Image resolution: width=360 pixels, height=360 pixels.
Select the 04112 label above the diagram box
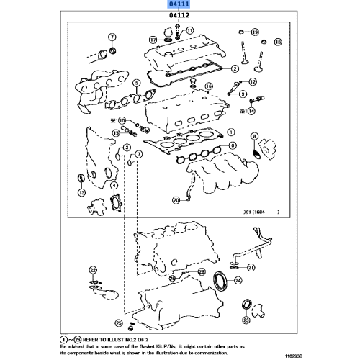pyautogui.click(x=180, y=16)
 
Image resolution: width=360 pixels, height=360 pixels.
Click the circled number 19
pyautogui.click(x=255, y=32)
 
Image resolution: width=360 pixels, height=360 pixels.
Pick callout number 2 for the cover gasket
pyautogui.click(x=235, y=69)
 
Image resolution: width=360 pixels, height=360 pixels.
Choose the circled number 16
pyautogui.click(x=210, y=86)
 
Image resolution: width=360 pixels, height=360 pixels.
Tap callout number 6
pyautogui.click(x=233, y=146)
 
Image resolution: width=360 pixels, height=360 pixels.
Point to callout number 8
pyautogui.click(x=253, y=135)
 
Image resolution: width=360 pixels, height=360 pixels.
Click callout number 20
pyautogui.click(x=176, y=200)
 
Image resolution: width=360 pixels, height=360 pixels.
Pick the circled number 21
pyautogui.click(x=251, y=268)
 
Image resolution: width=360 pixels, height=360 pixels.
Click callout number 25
pyautogui.click(x=119, y=323)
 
